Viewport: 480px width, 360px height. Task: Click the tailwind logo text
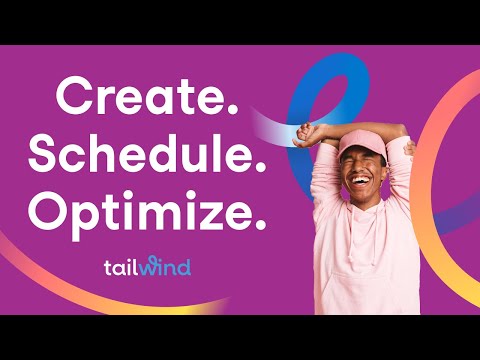[x=147, y=267]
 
